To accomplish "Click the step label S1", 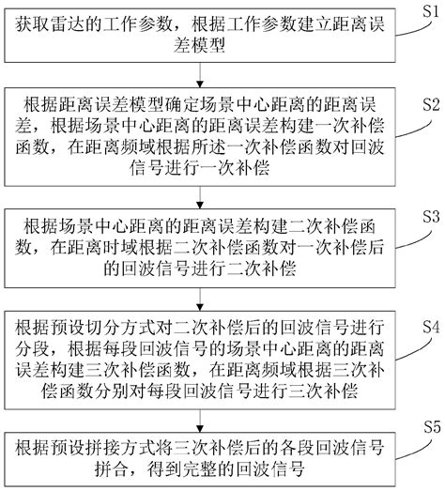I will pos(428,10).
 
